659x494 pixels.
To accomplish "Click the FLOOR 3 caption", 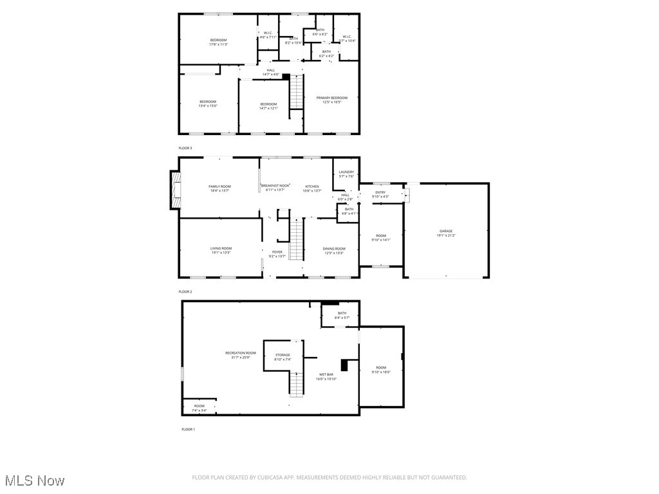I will [x=185, y=148].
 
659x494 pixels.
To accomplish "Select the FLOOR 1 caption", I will [x=188, y=429].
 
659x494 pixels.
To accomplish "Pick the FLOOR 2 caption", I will [x=185, y=291].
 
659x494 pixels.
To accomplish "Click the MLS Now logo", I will [x=33, y=480].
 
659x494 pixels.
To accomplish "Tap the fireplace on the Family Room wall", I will [x=174, y=190].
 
